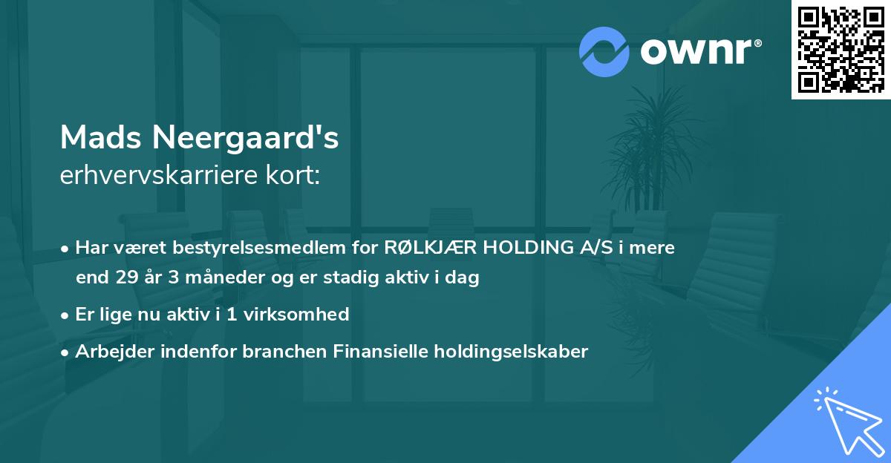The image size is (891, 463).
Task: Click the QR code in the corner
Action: [x=841, y=50]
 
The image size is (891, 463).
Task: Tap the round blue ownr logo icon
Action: [x=604, y=52]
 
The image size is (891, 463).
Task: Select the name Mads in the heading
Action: [x=101, y=137]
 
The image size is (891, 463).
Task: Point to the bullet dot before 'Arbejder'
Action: [x=66, y=352]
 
